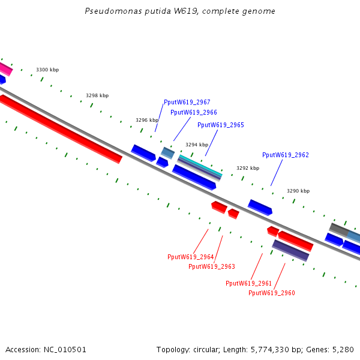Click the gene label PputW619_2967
187,103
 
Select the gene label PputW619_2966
193,112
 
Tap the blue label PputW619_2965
220,125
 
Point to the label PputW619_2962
285,155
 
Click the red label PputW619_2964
190,257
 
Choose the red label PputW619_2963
211,266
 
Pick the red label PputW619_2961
248,283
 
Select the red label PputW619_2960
271,293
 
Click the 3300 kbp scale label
47,70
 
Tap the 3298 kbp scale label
97,96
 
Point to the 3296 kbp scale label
147,120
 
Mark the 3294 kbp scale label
197,145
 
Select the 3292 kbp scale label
247,169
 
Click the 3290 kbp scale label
298,191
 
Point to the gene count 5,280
343,349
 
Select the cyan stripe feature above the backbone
200,164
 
